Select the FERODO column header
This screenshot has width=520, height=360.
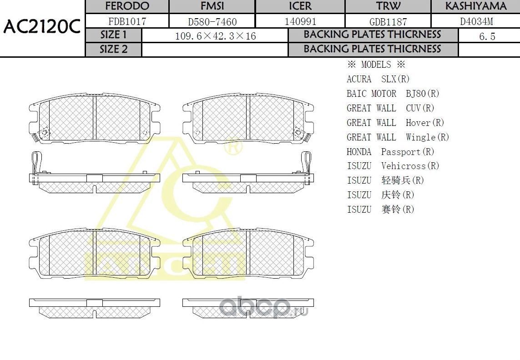pyautogui.click(x=127, y=6)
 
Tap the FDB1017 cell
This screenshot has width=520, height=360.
pyautogui.click(x=127, y=21)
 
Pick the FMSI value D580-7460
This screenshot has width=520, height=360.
pyautogui.click(x=212, y=21)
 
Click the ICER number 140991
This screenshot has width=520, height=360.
pyautogui.click(x=300, y=21)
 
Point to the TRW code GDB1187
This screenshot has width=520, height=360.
pyautogui.click(x=388, y=21)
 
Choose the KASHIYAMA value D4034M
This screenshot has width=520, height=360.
pyautogui.click(x=476, y=21)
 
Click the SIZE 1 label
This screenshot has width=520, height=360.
pyautogui.click(x=114, y=35)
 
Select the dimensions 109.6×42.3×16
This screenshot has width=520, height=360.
pyautogui.click(x=215, y=36)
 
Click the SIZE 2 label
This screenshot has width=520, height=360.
pyautogui.click(x=114, y=50)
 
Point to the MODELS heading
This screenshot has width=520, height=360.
pyautogui.click(x=376, y=65)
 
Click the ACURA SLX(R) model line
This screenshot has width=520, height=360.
pyautogui.click(x=378, y=79)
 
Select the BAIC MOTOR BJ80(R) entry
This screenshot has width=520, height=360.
pyautogui.click(x=393, y=94)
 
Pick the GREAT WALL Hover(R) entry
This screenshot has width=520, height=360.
pyautogui.click(x=395, y=123)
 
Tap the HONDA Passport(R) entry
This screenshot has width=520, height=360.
pyautogui.click(x=390, y=152)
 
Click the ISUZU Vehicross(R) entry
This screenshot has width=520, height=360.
pyautogui.click(x=393, y=166)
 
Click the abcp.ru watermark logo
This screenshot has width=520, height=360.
pyautogui.click(x=264, y=307)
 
